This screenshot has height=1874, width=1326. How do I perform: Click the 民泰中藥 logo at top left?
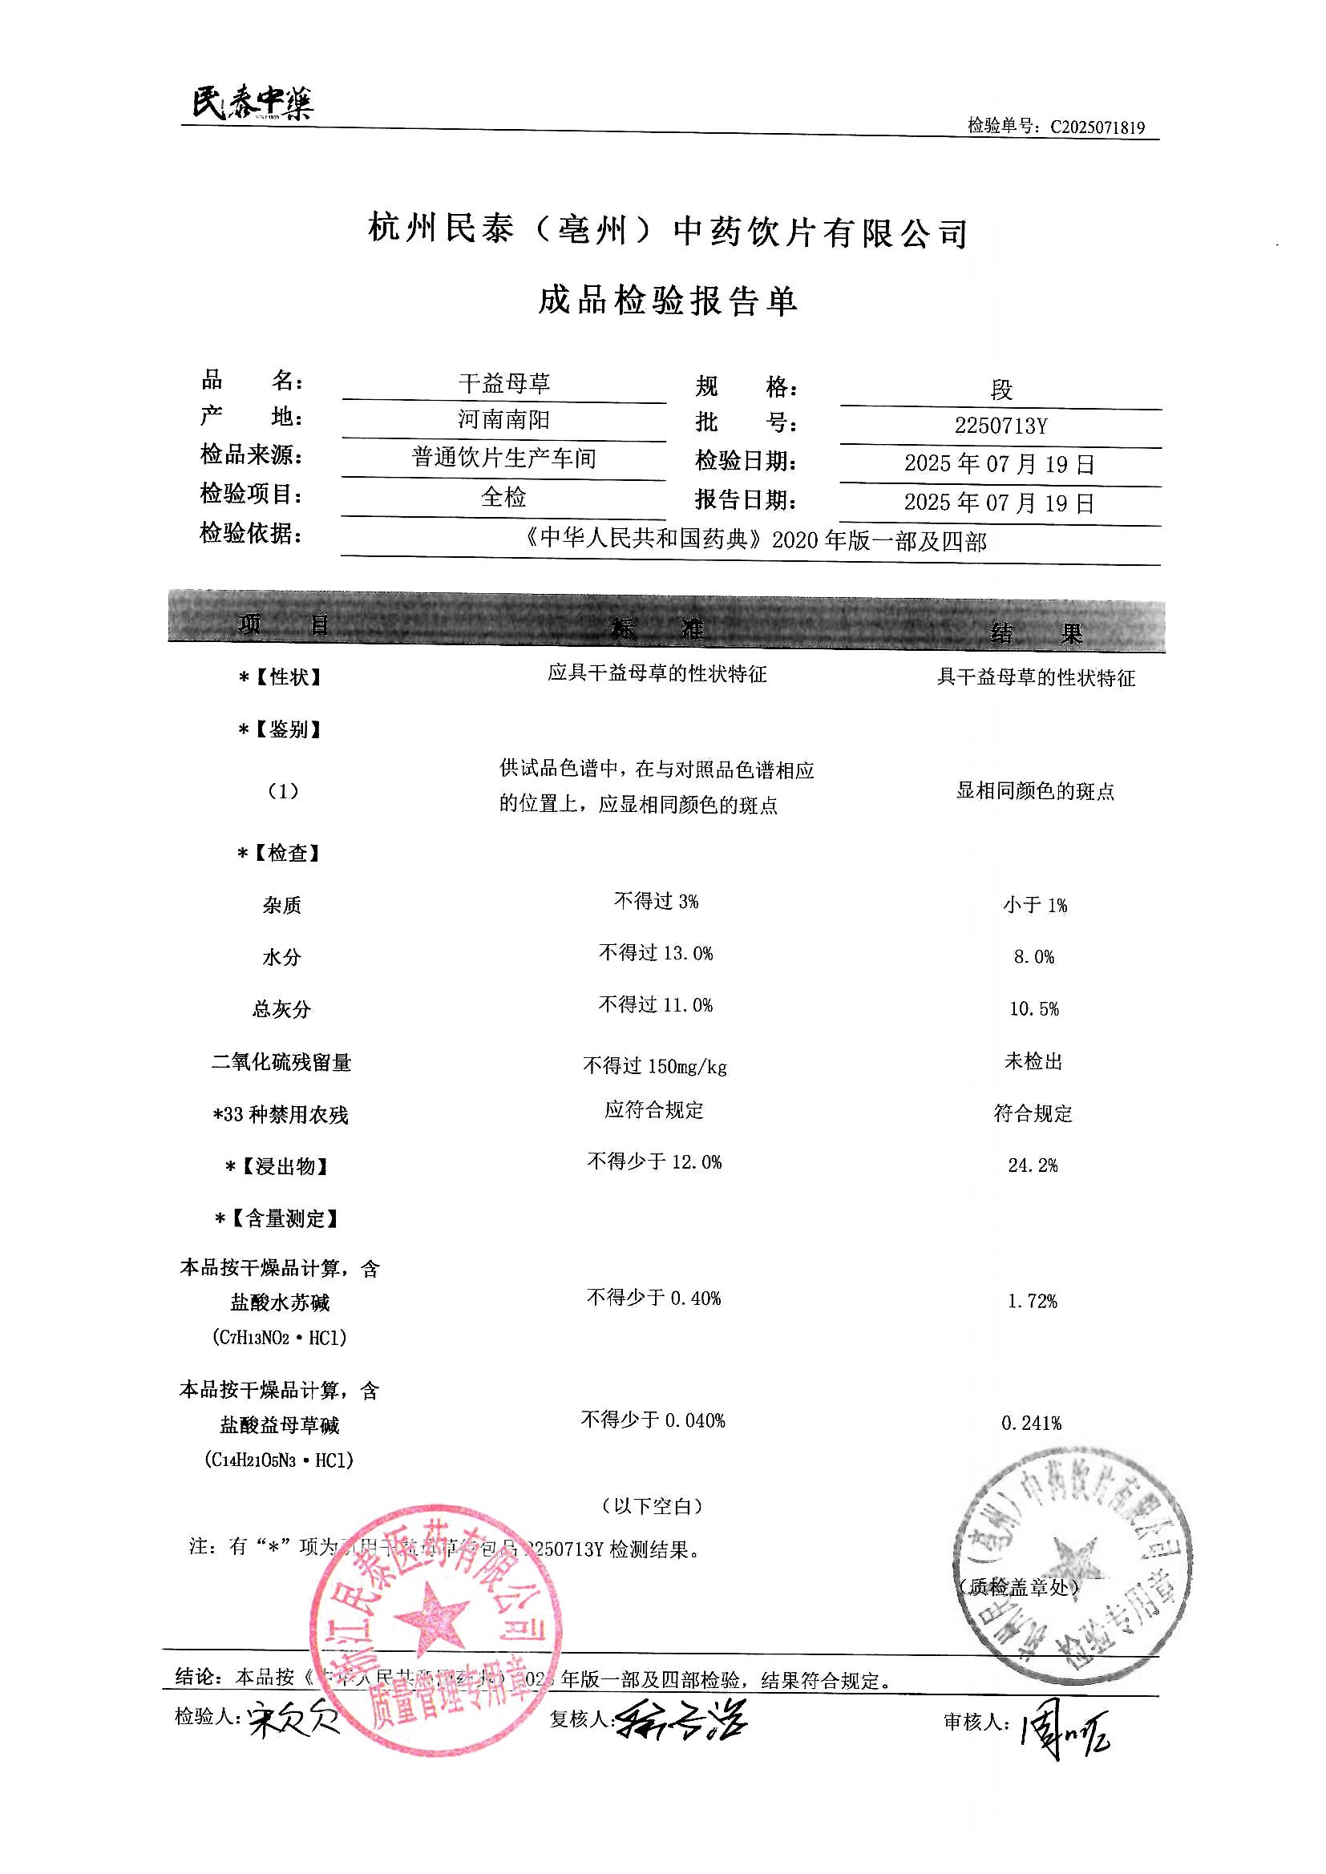[253, 103]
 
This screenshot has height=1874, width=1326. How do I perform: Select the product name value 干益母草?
[503, 383]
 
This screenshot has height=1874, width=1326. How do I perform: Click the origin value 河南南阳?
[503, 419]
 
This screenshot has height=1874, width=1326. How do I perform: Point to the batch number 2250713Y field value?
[1001, 426]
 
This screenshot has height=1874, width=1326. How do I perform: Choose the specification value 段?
[1001, 390]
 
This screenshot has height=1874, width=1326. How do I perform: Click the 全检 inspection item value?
[503, 496]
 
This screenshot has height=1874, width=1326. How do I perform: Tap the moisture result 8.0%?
[1033, 956]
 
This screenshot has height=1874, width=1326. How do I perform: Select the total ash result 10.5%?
[1033, 1009]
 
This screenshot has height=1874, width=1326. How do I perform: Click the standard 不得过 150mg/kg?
[655, 1066]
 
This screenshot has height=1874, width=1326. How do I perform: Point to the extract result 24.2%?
[1033, 1165]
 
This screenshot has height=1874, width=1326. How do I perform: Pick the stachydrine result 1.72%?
[1032, 1301]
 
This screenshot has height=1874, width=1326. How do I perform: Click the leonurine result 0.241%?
[1031, 1424]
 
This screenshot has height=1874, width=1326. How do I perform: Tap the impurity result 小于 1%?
[1034, 905]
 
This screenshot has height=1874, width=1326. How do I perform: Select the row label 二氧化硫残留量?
[281, 1062]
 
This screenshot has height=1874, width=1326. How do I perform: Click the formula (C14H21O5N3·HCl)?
[279, 1460]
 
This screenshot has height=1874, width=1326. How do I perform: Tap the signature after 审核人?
[1064, 1733]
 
